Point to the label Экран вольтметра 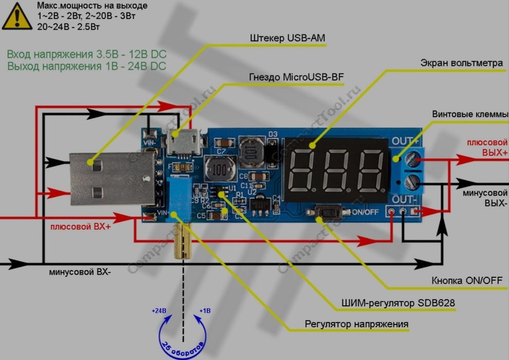(x=461, y=63)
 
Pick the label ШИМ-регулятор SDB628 (x=398, y=303)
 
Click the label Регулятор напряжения (x=356, y=324)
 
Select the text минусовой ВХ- (x=80, y=272)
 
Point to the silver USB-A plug (x=111, y=177)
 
